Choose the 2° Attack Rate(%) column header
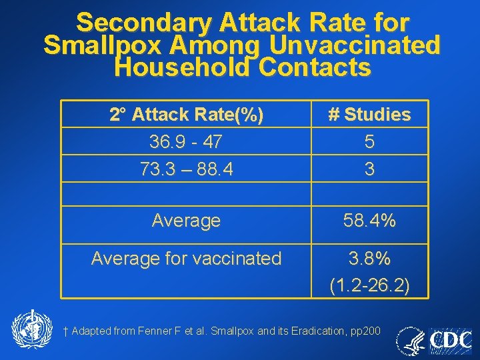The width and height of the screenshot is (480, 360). pyautogui.click(x=187, y=115)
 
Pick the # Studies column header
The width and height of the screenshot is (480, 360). pyautogui.click(x=369, y=115)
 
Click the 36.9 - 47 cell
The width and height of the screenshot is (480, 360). pyautogui.click(x=187, y=142)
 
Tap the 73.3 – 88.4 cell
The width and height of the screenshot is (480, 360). pyautogui.click(x=187, y=169)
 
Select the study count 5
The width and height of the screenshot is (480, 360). pyautogui.click(x=369, y=142)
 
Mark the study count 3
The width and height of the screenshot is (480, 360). pyautogui.click(x=369, y=169)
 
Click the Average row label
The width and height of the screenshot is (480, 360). pyautogui.click(x=186, y=221)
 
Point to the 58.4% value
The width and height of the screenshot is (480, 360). pyautogui.click(x=369, y=221)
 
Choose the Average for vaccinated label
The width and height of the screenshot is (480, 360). pyautogui.click(x=186, y=258)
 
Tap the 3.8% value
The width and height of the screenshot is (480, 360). pyautogui.click(x=369, y=258)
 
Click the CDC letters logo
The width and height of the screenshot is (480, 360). pyautogui.click(x=451, y=342)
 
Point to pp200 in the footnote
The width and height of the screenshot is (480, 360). pyautogui.click(x=367, y=331)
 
